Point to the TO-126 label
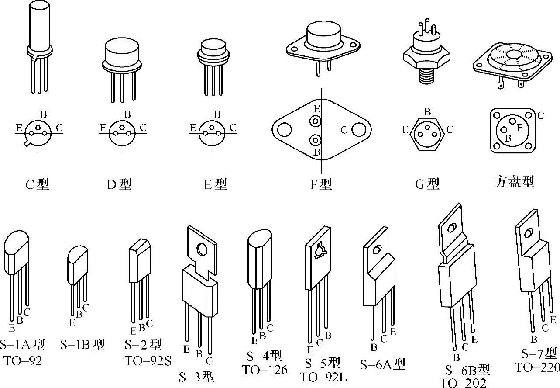[x=265, y=370]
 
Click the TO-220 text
[x=536, y=367]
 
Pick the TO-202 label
[x=463, y=383]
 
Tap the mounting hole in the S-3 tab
[x=203, y=249]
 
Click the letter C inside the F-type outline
[x=344, y=130]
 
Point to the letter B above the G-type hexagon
[x=427, y=112]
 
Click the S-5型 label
[x=323, y=363]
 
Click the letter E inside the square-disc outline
[x=519, y=128]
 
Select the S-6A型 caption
[x=383, y=364]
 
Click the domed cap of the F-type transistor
[x=323, y=34]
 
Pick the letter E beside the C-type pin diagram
[x=19, y=128]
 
